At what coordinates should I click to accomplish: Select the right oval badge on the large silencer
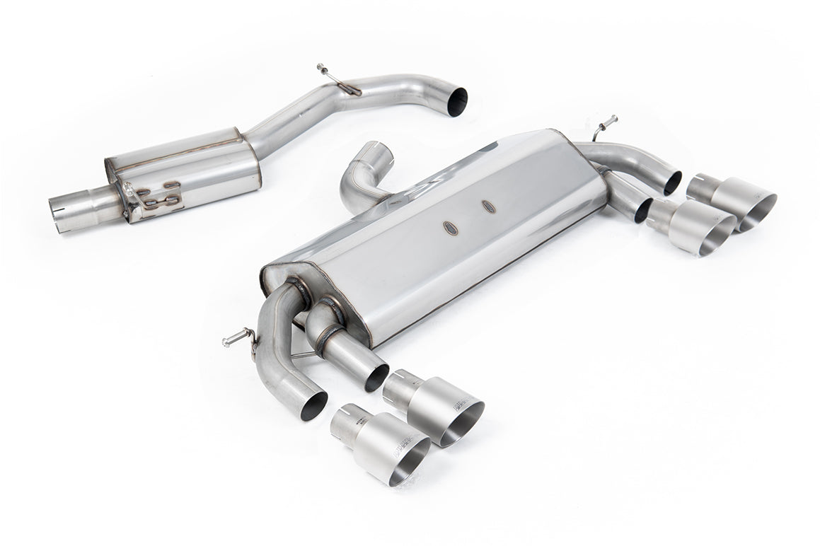(488, 206)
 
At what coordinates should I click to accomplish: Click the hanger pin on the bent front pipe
(323, 70)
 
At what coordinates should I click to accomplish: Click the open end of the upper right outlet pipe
(673, 182)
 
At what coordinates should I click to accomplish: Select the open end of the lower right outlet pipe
(643, 211)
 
